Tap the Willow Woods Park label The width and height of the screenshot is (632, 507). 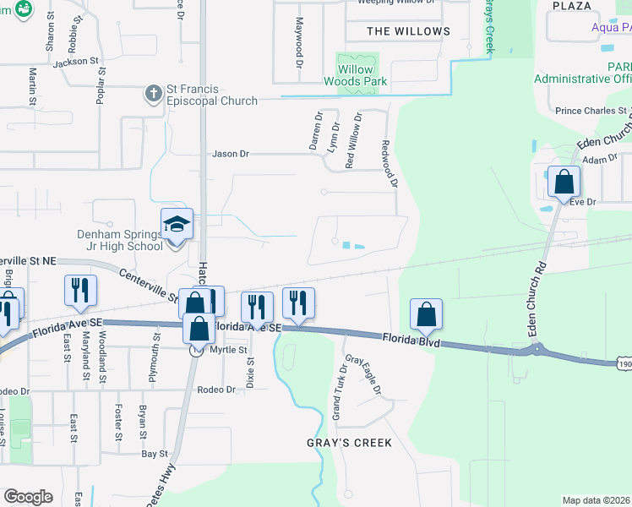[x=355, y=75]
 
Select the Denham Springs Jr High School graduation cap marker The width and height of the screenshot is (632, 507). [x=177, y=225]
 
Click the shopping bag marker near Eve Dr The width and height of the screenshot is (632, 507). [x=564, y=182]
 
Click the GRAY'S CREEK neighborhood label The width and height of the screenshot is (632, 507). [x=349, y=443]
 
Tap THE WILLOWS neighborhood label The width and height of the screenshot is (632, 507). [x=409, y=31]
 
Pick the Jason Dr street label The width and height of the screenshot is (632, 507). [x=231, y=154]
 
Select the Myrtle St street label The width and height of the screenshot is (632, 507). [x=230, y=350]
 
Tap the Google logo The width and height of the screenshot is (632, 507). [x=28, y=496]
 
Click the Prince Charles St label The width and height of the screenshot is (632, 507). [x=591, y=111]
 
